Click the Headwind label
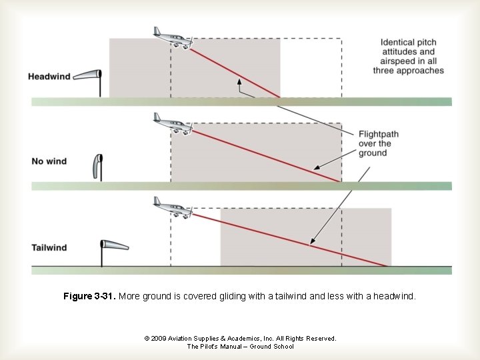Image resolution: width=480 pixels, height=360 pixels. tap(49, 77)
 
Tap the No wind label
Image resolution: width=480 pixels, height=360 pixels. tap(49, 161)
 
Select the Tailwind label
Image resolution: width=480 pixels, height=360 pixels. tap(49, 248)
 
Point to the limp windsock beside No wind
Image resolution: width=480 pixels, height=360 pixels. tap(98, 166)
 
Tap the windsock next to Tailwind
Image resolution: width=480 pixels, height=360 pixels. tap(113, 246)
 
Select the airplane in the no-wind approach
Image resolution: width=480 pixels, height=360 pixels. tap(172, 125)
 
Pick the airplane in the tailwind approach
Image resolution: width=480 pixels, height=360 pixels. tap(172, 208)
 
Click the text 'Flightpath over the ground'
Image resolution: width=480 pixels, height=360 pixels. tap(378, 143)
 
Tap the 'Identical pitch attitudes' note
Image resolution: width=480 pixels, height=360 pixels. tap(408, 56)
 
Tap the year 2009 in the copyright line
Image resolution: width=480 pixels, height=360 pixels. tap(158, 339)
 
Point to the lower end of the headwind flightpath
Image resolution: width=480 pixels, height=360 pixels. tap(279, 97)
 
